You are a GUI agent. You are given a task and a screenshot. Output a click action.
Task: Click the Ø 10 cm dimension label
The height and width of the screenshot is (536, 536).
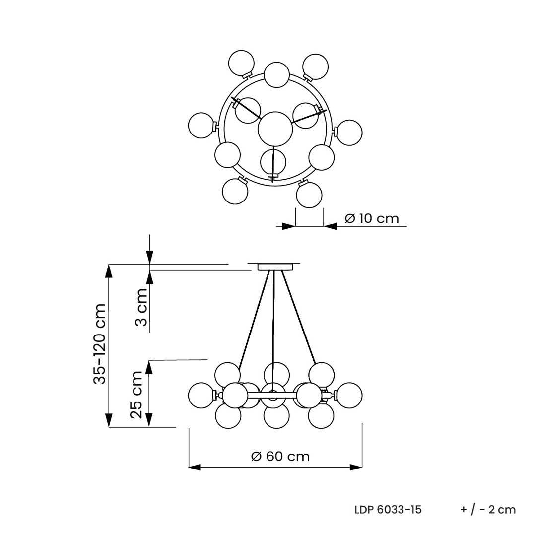pos(372,218)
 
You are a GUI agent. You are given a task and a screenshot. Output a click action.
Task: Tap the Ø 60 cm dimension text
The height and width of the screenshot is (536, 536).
pos(280,456)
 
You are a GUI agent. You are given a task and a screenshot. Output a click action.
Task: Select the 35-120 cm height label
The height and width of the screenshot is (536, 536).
pos(100,343)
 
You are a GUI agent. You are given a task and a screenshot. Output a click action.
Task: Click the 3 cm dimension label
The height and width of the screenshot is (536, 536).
pos(141,307)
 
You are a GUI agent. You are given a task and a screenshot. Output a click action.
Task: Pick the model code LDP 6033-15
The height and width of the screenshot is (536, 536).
pos(388,510)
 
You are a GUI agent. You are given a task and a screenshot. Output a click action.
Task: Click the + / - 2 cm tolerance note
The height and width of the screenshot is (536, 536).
pos(488,510)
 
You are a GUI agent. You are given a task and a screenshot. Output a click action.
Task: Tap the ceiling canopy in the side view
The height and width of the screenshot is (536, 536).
pos(275,267)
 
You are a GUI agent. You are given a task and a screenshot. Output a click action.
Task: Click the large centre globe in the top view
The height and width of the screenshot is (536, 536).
pos(275,129)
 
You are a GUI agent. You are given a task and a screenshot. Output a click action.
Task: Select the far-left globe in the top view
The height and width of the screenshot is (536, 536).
pos(201,126)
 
